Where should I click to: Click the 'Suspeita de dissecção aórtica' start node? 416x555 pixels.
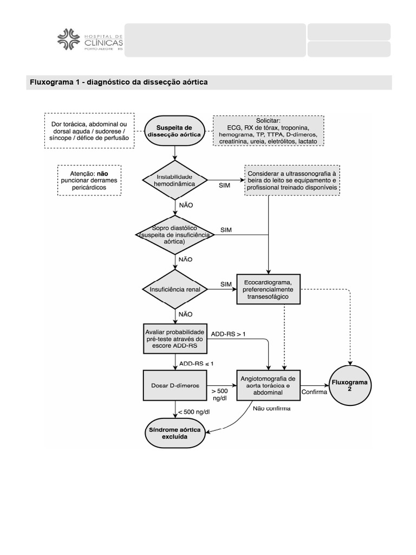click(x=174, y=131)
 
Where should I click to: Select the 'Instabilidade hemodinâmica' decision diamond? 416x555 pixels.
click(x=174, y=180)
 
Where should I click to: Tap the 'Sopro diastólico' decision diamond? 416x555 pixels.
click(x=174, y=234)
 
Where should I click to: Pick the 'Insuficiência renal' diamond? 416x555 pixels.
click(x=174, y=289)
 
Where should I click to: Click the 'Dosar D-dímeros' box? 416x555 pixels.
click(x=174, y=385)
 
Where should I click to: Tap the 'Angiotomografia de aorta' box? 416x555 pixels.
click(x=268, y=385)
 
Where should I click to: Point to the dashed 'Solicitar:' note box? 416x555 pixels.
click(x=268, y=131)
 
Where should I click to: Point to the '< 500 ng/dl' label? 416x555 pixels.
click(x=194, y=412)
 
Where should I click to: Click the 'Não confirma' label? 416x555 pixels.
click(x=271, y=408)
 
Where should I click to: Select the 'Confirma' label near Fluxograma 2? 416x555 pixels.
click(x=314, y=392)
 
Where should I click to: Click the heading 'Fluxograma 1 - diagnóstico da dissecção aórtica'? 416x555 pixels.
click(x=119, y=82)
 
